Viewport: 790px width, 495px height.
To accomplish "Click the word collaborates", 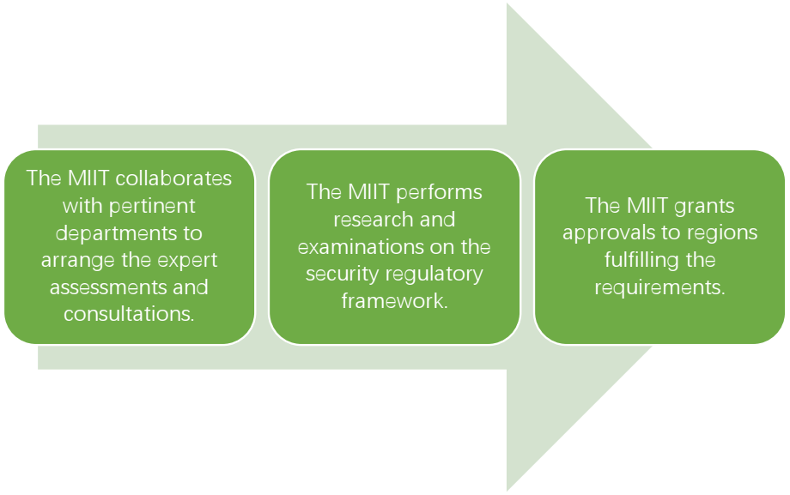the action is pyautogui.click(x=173, y=178).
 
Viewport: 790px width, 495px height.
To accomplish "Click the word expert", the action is pyautogui.click(x=187, y=261).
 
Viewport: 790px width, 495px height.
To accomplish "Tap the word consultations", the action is pyautogui.click(x=129, y=314).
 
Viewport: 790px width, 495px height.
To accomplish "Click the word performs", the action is pyautogui.click(x=439, y=193).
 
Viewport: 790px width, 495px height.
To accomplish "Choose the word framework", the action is pyautogui.click(x=394, y=301).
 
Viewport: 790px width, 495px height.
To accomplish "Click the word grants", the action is pyautogui.click(x=704, y=207).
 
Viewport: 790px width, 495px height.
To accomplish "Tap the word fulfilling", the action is pyautogui.click(x=636, y=260).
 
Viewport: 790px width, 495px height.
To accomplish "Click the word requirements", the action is pyautogui.click(x=660, y=287).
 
